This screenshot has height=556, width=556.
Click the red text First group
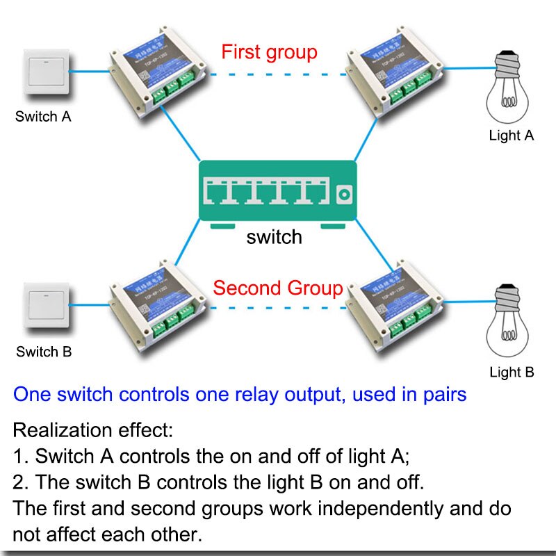pyautogui.click(x=269, y=52)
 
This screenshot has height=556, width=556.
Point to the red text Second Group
pyautogui.click(x=278, y=288)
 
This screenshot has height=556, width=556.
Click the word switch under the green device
pyautogui.click(x=274, y=237)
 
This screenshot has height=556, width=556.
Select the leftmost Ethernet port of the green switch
pyautogui.click(x=221, y=193)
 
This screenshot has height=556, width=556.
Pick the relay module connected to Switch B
pyautogui.click(x=157, y=313)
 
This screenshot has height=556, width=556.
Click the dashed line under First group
pyautogui.click(x=278, y=74)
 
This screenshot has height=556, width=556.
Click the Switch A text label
pyautogui.click(x=43, y=117)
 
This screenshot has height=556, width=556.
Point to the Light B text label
pyautogui.click(x=512, y=372)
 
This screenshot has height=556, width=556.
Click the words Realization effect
pyautogui.click(x=92, y=430)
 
